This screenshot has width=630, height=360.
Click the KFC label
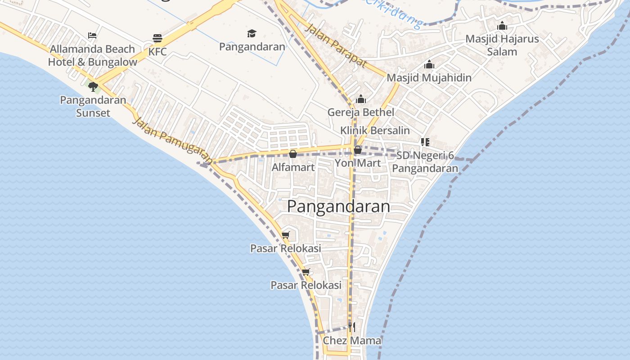tap(157, 52)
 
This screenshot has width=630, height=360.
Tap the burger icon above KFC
tap(157, 38)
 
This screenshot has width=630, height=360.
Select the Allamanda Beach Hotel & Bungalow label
tap(93, 55)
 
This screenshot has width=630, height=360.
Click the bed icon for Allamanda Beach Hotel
tap(92, 36)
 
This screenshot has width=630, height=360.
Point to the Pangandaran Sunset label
tap(93, 106)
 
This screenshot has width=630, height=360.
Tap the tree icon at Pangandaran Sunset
tap(93, 86)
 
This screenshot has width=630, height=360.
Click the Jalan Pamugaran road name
tap(173, 140)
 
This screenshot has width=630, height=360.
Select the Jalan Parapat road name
tap(336, 46)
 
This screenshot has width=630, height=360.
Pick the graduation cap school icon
tap(252, 33)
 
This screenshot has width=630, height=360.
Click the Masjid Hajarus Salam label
tap(502, 45)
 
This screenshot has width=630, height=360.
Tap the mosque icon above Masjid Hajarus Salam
tap(502, 26)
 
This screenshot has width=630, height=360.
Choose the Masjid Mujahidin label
tap(429, 77)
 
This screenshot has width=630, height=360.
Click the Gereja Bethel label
tap(361, 112)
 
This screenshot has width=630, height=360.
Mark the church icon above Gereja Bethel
tap(360, 99)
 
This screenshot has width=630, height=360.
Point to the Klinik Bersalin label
tap(375, 130)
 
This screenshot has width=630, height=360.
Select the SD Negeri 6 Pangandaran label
tap(425, 162)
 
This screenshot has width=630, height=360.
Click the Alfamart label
tap(293, 167)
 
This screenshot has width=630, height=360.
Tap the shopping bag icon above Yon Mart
tap(358, 150)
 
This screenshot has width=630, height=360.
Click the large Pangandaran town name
tap(338, 206)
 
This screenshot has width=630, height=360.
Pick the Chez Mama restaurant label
tap(352, 341)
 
